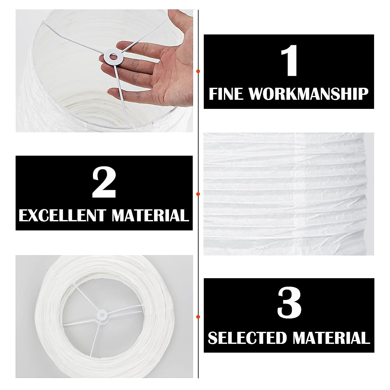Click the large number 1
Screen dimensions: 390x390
click(289, 62)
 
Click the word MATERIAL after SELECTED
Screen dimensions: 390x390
click(331, 338)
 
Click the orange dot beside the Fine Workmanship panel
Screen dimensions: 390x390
click(198, 71)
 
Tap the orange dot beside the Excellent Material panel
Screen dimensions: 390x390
click(198, 194)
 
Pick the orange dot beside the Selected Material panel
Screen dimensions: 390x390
click(198, 316)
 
